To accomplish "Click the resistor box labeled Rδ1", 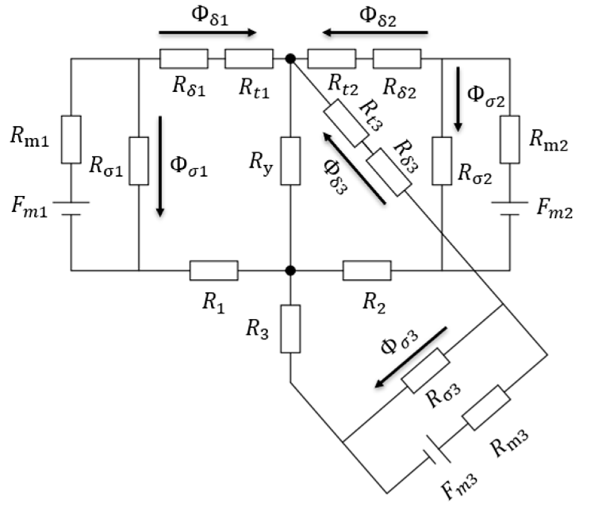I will [x=184, y=59].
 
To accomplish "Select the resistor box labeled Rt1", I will [x=249, y=59].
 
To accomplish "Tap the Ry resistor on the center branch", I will [x=290, y=161].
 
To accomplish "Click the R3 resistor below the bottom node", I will [x=290, y=329].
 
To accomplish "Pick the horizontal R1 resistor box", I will [x=214, y=271].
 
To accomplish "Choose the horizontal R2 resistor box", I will [x=367, y=271].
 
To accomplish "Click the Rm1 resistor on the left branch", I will [x=71, y=140].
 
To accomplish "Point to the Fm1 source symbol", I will [x=71, y=209].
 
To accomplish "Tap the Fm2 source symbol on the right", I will [x=510, y=209].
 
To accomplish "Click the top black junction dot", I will [x=290, y=59].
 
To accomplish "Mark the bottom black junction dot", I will [x=290, y=271].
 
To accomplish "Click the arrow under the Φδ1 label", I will [x=207, y=33].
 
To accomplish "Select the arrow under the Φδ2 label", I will [x=375, y=32].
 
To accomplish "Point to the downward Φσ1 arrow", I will [x=161, y=166].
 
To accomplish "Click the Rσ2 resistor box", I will [x=442, y=161].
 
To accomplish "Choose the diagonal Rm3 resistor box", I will [x=486, y=408].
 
